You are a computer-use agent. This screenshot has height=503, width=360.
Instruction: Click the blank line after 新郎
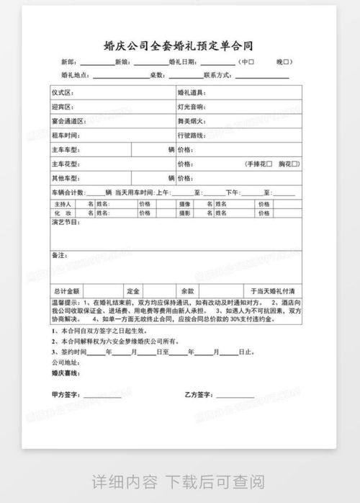pyautogui.click(x=97, y=63)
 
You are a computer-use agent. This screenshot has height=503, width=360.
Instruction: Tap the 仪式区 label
pyautogui.click(x=63, y=93)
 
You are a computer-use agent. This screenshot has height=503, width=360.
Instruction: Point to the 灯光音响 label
pyautogui.click(x=192, y=107)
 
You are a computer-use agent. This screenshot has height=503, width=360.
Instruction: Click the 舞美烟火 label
pyautogui.click(x=192, y=121)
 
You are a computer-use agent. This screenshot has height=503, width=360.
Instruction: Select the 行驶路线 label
pyautogui.click(x=192, y=135)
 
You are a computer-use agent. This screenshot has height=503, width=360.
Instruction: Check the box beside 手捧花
pyautogui.click(x=269, y=164)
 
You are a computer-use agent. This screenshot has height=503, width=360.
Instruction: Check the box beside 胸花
pyautogui.click(x=295, y=164)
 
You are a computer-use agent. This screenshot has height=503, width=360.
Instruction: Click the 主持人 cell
pyautogui.click(x=63, y=204)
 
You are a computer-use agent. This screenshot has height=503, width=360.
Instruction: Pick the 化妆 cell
pyautogui.click(x=63, y=213)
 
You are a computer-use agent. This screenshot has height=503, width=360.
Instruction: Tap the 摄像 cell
pyautogui.click(x=185, y=204)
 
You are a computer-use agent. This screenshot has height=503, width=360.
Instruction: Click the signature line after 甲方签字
pyautogui.click(x=102, y=396)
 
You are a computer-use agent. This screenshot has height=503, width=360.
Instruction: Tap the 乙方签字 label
pyautogui.click(x=198, y=395)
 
